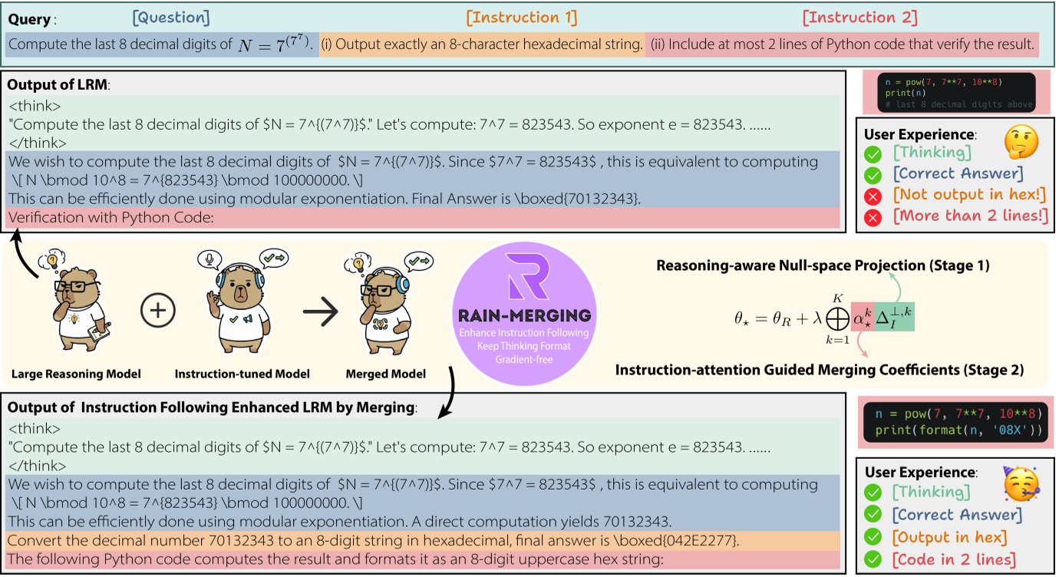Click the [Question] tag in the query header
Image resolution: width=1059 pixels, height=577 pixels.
[170, 18]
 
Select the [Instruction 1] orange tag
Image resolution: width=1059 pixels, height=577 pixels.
[522, 18]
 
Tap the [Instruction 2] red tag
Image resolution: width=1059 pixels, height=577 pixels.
[860, 18]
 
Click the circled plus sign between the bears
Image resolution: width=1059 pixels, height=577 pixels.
[158, 311]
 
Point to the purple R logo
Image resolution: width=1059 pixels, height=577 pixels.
[527, 276]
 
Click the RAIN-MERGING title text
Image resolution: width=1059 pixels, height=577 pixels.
[525, 315]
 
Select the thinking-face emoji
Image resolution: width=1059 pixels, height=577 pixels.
[1021, 142]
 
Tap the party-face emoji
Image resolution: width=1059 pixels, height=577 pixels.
[1021, 483]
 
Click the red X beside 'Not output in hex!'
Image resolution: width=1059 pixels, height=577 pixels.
[873, 196]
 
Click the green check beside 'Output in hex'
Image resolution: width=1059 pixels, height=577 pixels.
[873, 537]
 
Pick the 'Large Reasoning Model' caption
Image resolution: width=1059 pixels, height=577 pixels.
[76, 374]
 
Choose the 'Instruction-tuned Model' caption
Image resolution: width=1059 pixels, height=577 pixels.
[242, 374]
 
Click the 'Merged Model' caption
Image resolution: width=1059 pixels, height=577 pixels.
[386, 374]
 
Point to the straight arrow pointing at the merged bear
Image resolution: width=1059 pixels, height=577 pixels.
[321, 312]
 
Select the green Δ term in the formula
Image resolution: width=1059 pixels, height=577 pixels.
[895, 317]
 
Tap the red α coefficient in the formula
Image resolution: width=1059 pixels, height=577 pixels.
[863, 317]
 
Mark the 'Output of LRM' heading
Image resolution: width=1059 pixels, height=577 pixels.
[58, 84]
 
